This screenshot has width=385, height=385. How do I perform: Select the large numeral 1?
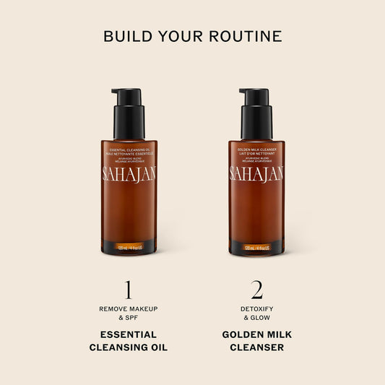click(128, 290)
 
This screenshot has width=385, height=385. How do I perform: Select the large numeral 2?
click(256, 290)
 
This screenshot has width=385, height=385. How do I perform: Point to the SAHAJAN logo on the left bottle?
click(129, 174)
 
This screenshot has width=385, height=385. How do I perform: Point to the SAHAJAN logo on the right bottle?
click(256, 174)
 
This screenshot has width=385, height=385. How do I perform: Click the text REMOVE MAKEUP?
click(128, 308)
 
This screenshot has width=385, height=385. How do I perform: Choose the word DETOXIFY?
click(256, 308)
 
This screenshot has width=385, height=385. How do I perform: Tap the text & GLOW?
click(256, 319)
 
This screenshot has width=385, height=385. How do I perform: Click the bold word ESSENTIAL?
click(128, 334)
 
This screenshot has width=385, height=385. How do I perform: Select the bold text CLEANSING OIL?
click(128, 347)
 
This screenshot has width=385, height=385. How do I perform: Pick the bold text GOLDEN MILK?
click(256, 334)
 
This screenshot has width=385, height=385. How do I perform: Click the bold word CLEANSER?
click(256, 347)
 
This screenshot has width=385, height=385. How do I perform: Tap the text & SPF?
click(128, 319)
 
